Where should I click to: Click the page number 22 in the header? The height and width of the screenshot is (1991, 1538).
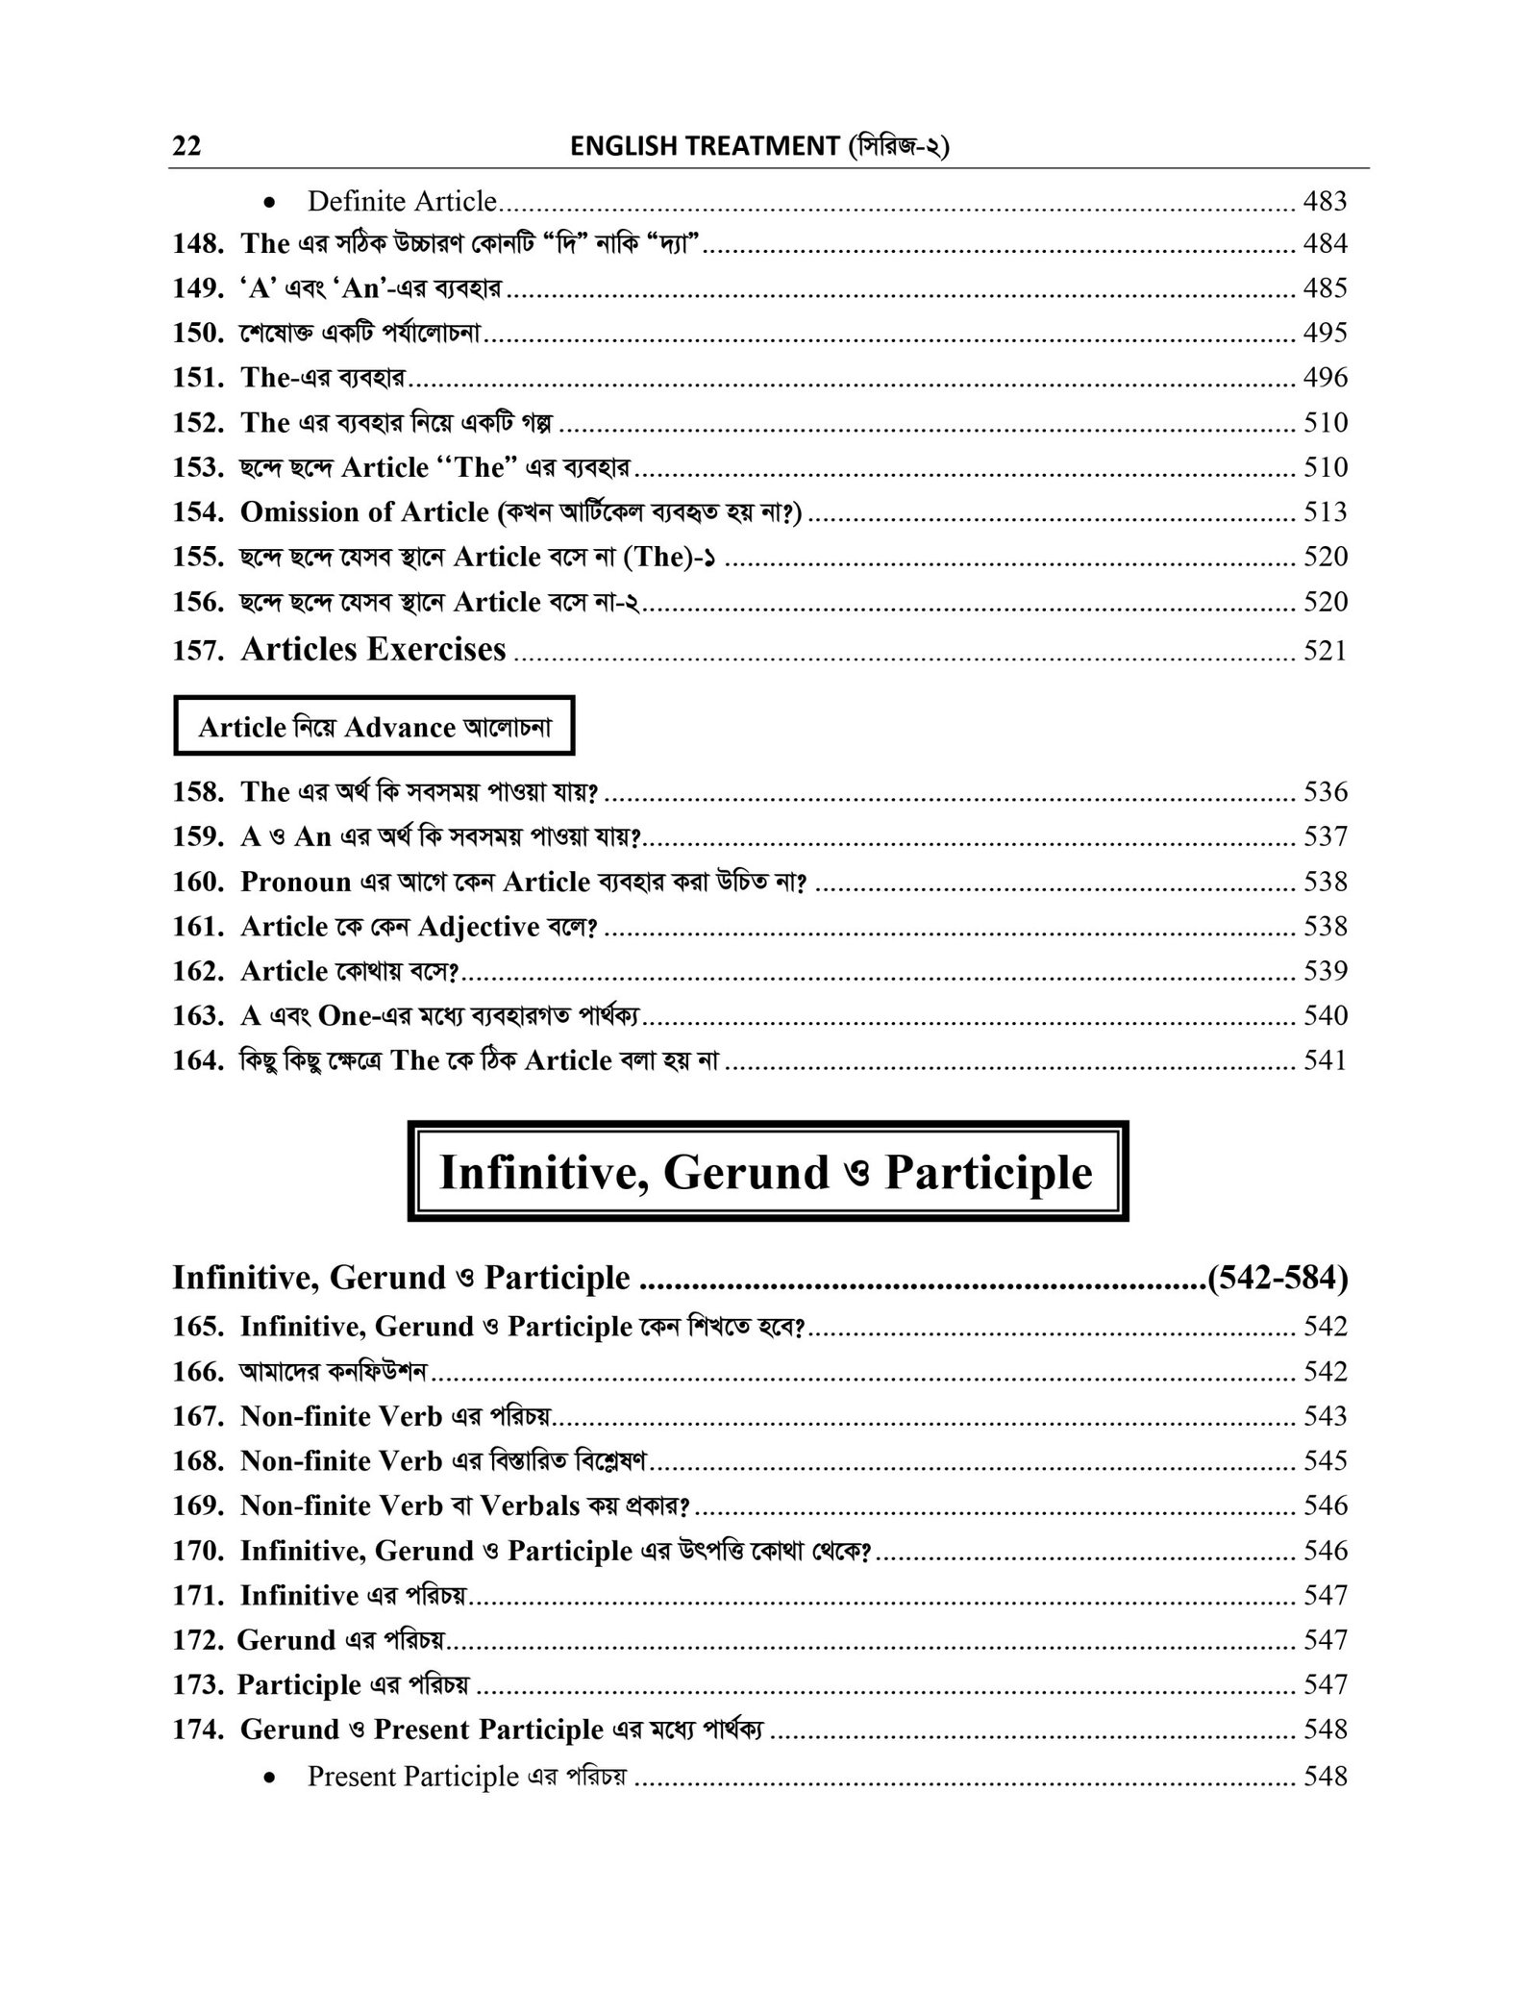click(x=186, y=146)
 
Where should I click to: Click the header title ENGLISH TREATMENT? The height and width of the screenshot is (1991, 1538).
click(x=705, y=146)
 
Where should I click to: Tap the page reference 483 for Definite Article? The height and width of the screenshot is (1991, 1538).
click(x=1325, y=201)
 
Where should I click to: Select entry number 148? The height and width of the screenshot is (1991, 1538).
click(x=198, y=244)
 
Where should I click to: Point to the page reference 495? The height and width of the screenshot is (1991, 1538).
click(x=1325, y=333)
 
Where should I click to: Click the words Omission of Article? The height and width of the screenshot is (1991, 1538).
click(x=364, y=512)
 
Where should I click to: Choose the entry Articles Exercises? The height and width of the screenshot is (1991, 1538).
click(x=373, y=650)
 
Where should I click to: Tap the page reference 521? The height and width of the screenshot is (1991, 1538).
click(x=1325, y=651)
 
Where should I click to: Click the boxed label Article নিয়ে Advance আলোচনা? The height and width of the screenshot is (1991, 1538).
click(x=374, y=728)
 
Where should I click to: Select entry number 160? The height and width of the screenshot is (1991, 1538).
click(x=198, y=882)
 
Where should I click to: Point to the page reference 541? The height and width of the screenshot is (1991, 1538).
click(x=1325, y=1060)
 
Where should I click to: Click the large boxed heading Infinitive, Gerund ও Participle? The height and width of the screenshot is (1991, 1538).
click(x=767, y=1172)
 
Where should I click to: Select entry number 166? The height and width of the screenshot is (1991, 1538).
click(x=198, y=1372)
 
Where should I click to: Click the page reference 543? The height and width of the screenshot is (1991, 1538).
click(x=1325, y=1416)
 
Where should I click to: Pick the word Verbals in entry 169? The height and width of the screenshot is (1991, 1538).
click(x=530, y=1506)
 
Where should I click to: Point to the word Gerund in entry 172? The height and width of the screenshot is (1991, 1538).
click(x=286, y=1640)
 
